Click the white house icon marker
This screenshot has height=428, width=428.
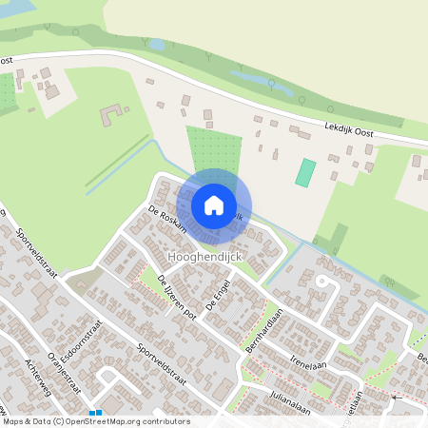[214, 204]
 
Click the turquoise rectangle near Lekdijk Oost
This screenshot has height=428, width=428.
[305, 172]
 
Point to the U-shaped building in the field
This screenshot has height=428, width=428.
[112, 117]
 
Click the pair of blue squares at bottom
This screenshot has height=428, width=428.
[95, 413]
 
